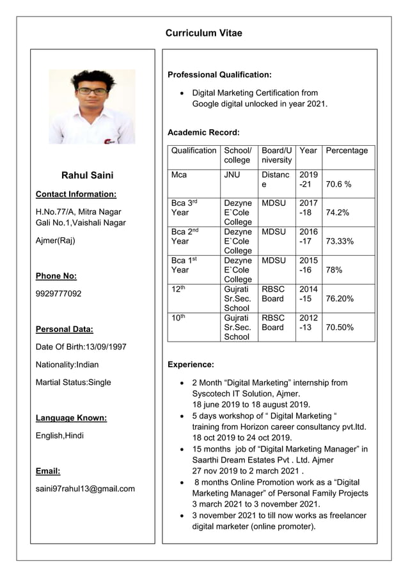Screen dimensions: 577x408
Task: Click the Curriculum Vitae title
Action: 203,33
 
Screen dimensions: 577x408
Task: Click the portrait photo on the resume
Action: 92,106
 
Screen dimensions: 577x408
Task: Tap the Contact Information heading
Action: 76,194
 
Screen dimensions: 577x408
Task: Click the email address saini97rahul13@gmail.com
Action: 85,489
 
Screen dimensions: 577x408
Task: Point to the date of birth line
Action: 81,347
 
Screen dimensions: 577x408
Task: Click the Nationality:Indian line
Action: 67,365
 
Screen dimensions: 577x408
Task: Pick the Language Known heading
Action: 71,418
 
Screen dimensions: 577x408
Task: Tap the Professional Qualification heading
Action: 219,75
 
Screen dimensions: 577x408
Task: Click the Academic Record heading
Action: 203,132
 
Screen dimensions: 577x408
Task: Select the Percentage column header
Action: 347,151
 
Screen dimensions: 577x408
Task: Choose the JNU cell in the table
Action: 233,174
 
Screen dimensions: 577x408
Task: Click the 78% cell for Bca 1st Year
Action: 334,270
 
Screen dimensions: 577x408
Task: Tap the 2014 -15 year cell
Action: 308,294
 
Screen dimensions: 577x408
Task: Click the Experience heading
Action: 191,365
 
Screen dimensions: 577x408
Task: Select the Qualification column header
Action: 193,151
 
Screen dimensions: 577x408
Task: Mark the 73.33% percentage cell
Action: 340,241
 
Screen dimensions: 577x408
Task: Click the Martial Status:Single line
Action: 74,383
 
